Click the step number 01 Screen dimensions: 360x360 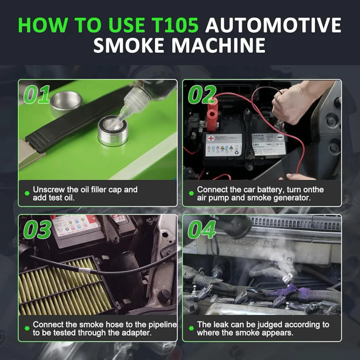[37, 95]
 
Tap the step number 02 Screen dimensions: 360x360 [202, 95]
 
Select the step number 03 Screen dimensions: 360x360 [37, 229]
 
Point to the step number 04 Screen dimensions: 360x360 [202, 229]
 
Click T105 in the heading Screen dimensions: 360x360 [175, 25]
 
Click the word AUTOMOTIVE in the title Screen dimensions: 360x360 [273, 25]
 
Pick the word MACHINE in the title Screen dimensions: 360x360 [218, 45]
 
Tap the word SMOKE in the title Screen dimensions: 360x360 [129, 45]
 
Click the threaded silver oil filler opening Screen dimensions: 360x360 [113, 131]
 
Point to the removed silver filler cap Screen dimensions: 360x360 [66, 102]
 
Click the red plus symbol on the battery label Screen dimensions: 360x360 [211, 138]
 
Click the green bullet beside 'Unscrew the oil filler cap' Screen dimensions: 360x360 [27, 193]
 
